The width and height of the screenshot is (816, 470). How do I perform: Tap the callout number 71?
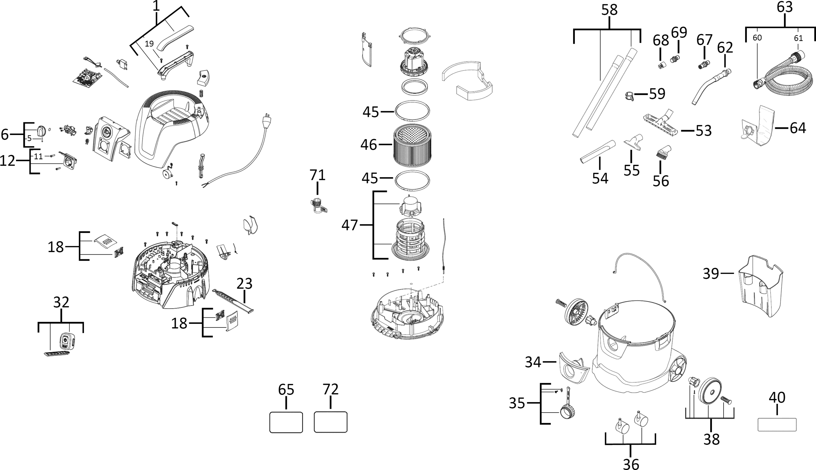coord(318,175)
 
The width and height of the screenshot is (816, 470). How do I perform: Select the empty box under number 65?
coord(286,422)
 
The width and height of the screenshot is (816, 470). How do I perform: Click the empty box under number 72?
coord(330,422)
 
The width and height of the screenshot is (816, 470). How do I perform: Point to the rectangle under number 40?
coord(777,425)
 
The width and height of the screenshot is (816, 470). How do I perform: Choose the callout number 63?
coord(785,7)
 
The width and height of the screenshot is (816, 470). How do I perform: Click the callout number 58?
coord(609,10)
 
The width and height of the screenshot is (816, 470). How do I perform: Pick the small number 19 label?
coord(149,44)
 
